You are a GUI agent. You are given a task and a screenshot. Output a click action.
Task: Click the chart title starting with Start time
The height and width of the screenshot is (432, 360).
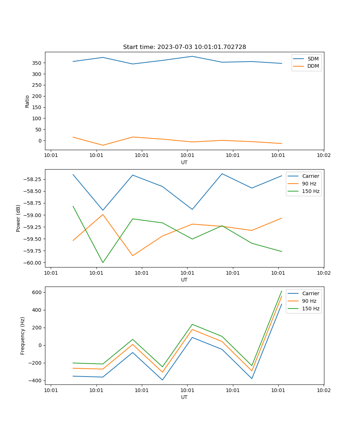pyautogui.click(x=184, y=47)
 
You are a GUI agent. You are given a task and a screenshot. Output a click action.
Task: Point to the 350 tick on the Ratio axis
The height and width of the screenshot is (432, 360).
pyautogui.click(x=38, y=63)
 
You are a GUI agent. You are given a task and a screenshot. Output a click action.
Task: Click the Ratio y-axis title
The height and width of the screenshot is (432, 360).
pyautogui.click(x=27, y=101)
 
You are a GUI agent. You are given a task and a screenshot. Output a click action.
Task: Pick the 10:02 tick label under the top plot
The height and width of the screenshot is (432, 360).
pyautogui.click(x=323, y=155)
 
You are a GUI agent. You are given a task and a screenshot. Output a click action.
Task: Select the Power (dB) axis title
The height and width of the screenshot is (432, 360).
pyautogui.click(x=18, y=218)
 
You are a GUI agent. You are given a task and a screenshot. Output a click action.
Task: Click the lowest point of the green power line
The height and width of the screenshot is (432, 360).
pyautogui.click(x=103, y=262)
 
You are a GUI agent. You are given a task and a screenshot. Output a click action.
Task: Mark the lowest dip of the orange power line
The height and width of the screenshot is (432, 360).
pyautogui.click(x=133, y=256)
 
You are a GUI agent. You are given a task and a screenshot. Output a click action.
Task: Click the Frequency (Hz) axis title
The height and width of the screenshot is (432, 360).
pyautogui.click(x=23, y=336)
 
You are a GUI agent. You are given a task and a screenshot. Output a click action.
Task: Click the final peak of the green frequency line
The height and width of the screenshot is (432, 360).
pyautogui.click(x=282, y=291)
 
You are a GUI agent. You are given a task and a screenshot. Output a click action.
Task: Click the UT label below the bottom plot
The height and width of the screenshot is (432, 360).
pyautogui.click(x=184, y=397)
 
